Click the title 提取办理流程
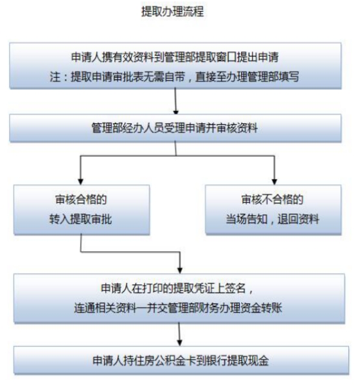click(172, 12)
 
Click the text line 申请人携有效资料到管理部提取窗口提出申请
click(175, 57)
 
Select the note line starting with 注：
click(174, 77)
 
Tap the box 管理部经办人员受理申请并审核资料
click(175, 128)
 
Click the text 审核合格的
click(81, 199)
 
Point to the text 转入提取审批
click(81, 219)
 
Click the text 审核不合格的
click(272, 199)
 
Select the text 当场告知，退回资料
click(272, 219)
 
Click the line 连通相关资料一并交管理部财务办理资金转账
click(178, 308)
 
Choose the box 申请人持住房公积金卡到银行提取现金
click(181, 360)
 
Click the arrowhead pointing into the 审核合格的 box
click(81, 181)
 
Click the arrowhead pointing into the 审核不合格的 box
click(274, 181)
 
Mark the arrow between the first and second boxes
click(175, 101)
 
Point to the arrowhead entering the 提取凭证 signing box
click(180, 270)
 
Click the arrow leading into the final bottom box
click(179, 334)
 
